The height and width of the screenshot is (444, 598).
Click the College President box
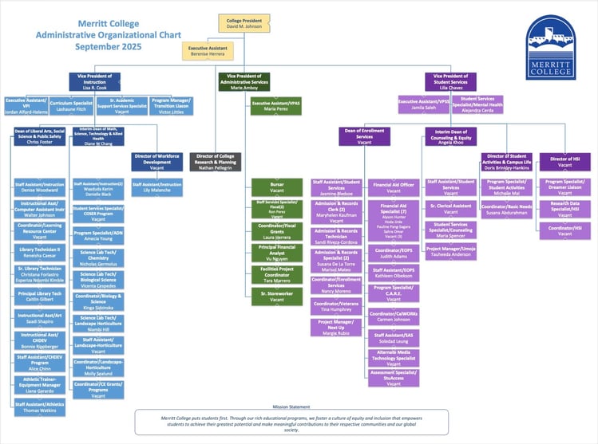(x=244, y=23)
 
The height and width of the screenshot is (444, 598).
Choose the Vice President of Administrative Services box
(x=244, y=81)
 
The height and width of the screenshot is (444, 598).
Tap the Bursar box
(x=277, y=187)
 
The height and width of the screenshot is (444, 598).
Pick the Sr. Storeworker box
(x=277, y=296)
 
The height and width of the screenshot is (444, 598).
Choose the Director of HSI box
(x=564, y=161)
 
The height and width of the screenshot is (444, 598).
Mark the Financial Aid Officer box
(x=393, y=187)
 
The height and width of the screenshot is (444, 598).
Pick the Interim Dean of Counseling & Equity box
(x=453, y=136)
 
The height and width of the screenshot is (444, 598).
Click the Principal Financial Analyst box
(x=277, y=252)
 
